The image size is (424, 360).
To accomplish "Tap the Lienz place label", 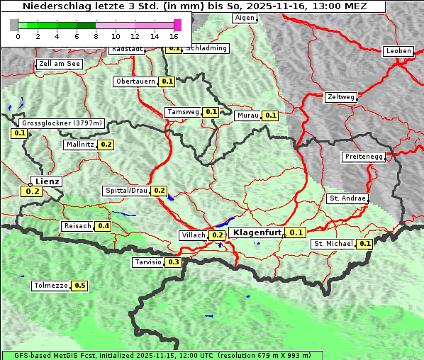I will (48, 181).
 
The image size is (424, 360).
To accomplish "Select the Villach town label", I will (194, 235).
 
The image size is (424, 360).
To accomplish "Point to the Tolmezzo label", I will (51, 286).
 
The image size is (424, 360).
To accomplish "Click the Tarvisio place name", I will (147, 262).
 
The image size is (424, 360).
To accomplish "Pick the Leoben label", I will (398, 51).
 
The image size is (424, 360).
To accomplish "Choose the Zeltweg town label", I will (340, 97).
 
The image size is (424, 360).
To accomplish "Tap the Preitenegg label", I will (364, 157).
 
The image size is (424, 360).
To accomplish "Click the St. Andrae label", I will (347, 198).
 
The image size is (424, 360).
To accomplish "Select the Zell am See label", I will (60, 64).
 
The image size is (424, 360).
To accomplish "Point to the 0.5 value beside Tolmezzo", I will (80, 286).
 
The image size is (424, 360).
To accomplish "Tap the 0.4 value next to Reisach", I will (104, 226).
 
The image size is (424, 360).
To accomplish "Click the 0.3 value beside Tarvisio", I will (174, 262).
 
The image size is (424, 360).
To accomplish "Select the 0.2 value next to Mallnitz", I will (106, 145).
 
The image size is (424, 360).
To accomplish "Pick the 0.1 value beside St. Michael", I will (365, 244).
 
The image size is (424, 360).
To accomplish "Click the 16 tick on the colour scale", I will (174, 35).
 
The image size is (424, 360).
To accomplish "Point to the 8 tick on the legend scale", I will (96, 35).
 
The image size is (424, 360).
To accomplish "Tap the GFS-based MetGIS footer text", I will (162, 355).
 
